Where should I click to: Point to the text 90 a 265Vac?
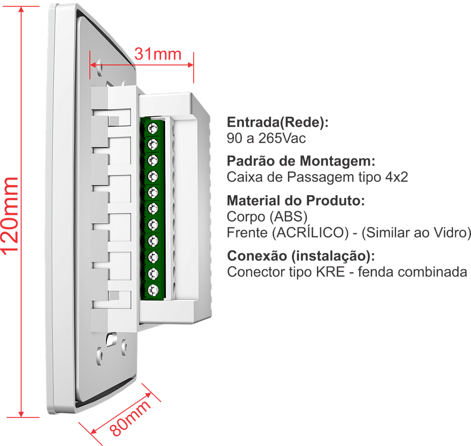(x=266, y=138)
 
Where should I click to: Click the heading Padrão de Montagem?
(x=301, y=162)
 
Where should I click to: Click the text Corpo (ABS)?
(x=267, y=216)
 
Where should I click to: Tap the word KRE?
(x=330, y=272)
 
